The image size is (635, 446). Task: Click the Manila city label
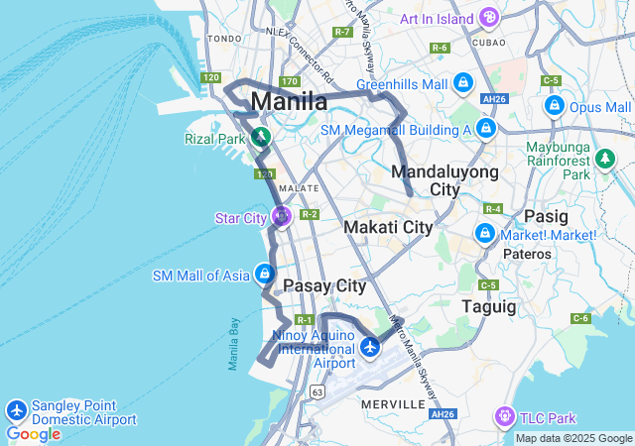point(289,101)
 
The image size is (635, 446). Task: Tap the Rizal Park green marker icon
point(261,137)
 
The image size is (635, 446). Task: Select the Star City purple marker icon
point(282,215)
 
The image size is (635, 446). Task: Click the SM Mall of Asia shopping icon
point(264,274)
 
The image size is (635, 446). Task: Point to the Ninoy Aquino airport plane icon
point(370,346)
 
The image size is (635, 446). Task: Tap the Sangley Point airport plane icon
point(16,410)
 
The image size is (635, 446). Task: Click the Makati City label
point(388,227)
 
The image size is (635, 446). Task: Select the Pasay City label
point(324,285)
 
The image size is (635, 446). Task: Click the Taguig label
point(489,307)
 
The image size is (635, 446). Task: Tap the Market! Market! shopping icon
point(485,234)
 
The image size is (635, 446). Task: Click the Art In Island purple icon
point(488,17)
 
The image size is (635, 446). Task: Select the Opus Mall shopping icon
point(555,106)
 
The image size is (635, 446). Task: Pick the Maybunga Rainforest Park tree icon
point(604,159)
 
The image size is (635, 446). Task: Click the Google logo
point(33,434)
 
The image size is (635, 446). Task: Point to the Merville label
point(395,404)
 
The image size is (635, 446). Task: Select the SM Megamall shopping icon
point(485,129)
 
